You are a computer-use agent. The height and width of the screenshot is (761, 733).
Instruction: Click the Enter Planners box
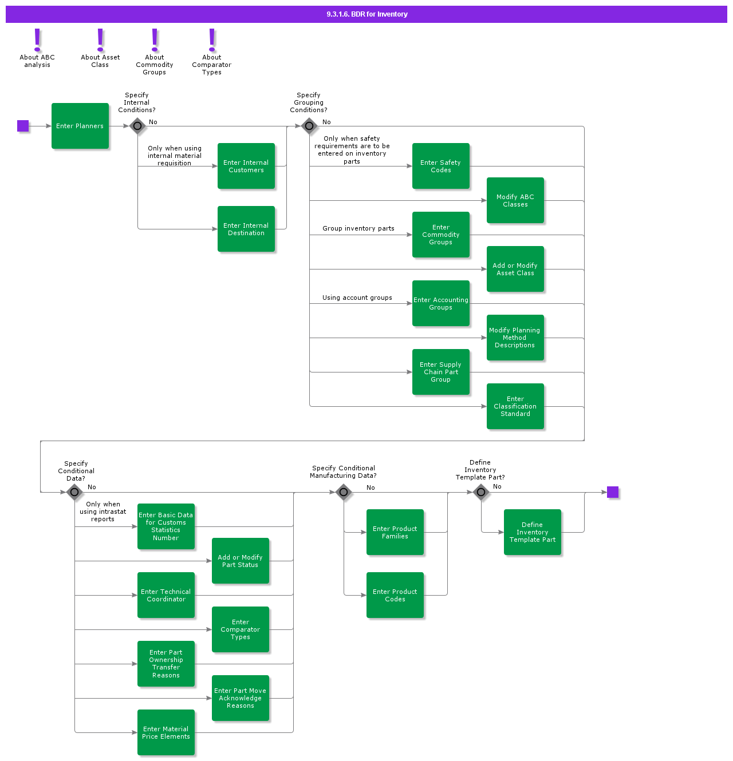80,126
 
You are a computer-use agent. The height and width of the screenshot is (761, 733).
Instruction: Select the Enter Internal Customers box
246,166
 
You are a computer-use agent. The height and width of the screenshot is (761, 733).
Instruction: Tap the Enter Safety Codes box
441,166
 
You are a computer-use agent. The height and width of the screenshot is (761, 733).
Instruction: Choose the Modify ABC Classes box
515,200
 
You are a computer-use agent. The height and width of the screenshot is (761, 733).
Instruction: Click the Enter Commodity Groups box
441,235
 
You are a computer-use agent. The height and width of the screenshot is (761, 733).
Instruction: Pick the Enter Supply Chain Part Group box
441,372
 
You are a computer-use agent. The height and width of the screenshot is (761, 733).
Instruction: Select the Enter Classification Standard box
515,406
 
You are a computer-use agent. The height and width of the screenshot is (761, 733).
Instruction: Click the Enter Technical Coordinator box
166,595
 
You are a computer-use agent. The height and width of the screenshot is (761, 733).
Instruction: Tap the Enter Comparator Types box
241,629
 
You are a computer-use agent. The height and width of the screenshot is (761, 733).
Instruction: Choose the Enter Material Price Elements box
166,732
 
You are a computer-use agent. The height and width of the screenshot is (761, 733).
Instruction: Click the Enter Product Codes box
395,595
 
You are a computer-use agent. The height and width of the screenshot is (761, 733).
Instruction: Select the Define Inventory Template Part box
533,532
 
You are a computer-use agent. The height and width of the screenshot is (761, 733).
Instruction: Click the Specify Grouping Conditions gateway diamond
309,126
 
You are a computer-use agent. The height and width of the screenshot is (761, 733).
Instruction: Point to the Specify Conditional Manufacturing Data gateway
344,492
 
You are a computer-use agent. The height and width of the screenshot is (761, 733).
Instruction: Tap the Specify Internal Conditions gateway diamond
137,126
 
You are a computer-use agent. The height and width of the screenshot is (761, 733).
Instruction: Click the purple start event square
23,126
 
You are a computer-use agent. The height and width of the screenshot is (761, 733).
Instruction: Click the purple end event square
613,492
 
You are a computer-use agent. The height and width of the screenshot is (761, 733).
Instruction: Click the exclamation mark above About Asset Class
101,39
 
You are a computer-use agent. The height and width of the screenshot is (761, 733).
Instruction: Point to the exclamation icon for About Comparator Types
212,39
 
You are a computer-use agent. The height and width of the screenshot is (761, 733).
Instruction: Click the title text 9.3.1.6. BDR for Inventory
366,14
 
